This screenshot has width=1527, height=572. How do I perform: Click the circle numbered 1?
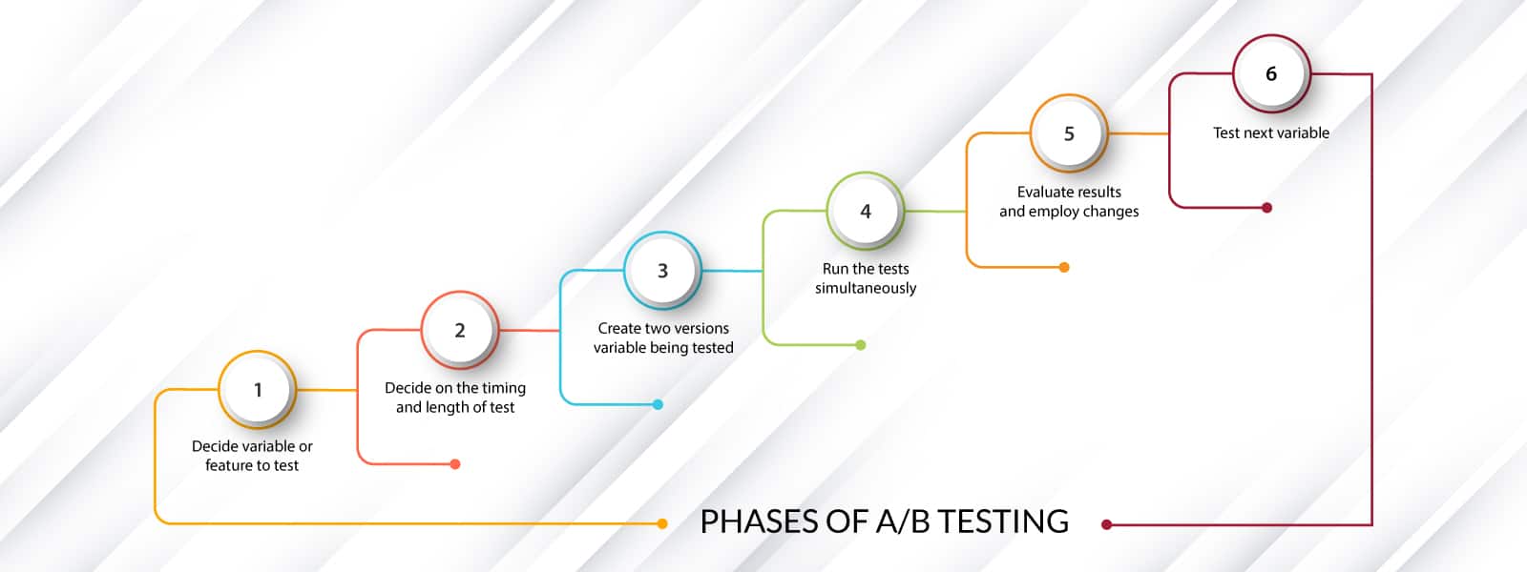click(258, 389)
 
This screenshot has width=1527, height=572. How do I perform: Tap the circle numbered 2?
click(460, 330)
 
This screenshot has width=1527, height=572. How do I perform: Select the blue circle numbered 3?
click(662, 271)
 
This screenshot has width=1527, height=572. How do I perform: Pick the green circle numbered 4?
click(866, 211)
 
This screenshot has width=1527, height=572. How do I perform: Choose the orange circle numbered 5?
click(1069, 133)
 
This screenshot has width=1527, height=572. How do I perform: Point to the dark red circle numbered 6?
click(1271, 73)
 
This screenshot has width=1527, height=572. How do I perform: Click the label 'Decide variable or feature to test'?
click(252, 456)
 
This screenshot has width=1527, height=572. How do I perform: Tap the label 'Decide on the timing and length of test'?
click(455, 398)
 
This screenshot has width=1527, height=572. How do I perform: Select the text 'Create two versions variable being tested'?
click(663, 337)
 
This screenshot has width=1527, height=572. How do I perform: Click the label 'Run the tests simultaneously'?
click(866, 278)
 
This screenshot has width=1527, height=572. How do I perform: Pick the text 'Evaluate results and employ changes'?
click(1069, 201)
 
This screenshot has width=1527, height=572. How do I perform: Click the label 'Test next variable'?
click(1271, 133)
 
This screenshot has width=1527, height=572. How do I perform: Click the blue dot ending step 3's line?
click(658, 404)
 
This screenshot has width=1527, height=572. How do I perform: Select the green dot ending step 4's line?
click(861, 345)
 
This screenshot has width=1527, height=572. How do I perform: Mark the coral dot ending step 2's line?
click(455, 464)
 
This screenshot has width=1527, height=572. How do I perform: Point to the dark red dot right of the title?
click(1107, 524)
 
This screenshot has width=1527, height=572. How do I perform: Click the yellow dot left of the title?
click(662, 523)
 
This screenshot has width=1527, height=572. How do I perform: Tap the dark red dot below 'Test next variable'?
click(1267, 208)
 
